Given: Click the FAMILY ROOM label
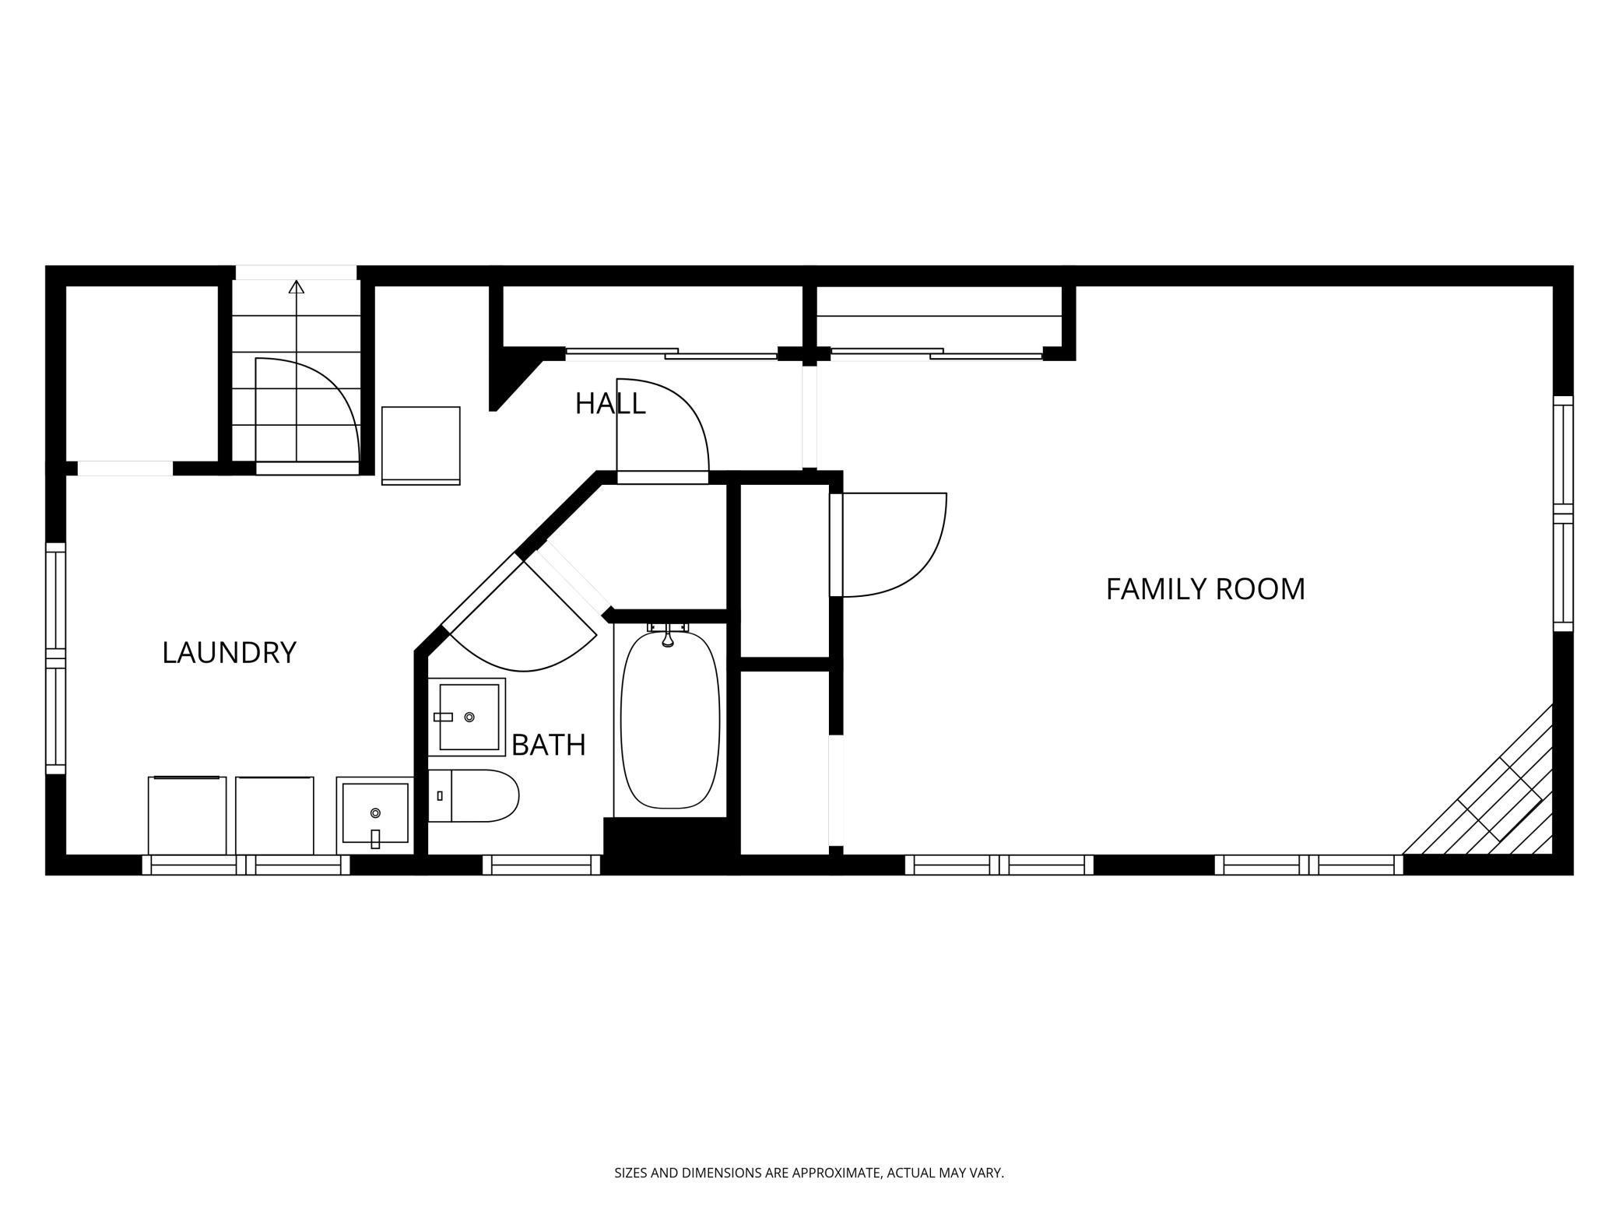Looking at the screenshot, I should tap(1205, 589).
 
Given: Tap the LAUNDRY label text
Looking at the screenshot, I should tap(229, 652).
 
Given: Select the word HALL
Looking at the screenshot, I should tap(610, 403).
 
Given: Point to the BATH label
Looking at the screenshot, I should tap(548, 745).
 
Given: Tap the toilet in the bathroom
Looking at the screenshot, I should tap(474, 795).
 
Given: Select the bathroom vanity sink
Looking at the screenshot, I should tap(467, 717).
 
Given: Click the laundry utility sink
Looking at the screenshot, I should tap(375, 814).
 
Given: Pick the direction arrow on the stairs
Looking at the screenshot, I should tap(296, 287).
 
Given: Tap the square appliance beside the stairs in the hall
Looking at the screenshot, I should tap(420, 445).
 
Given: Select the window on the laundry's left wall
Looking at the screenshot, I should tap(55, 658).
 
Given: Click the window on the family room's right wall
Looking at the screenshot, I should tap(1563, 514).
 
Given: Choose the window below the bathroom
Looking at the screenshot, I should tap(542, 865).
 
